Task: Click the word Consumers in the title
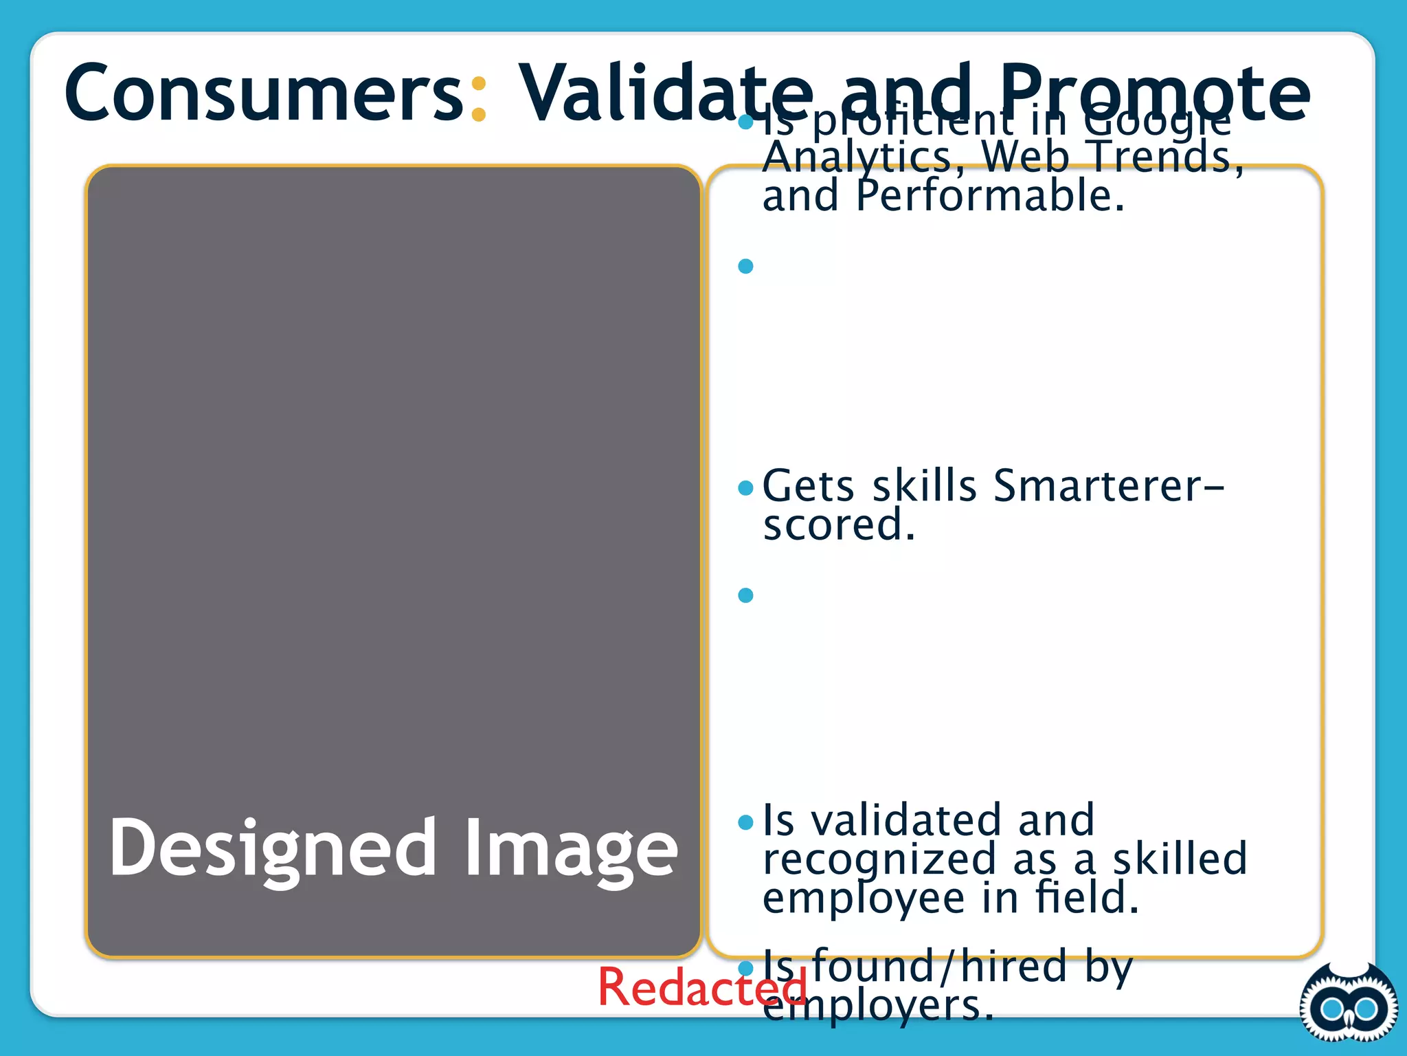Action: (264, 93)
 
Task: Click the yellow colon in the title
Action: (479, 100)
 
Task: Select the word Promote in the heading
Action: (1153, 93)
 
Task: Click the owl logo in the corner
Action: (1348, 1006)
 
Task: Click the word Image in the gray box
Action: (571, 849)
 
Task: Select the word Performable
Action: (989, 197)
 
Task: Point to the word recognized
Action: (880, 859)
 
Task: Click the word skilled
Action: (1179, 859)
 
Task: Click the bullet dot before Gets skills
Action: (745, 488)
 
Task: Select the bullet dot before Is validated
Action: (745, 822)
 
